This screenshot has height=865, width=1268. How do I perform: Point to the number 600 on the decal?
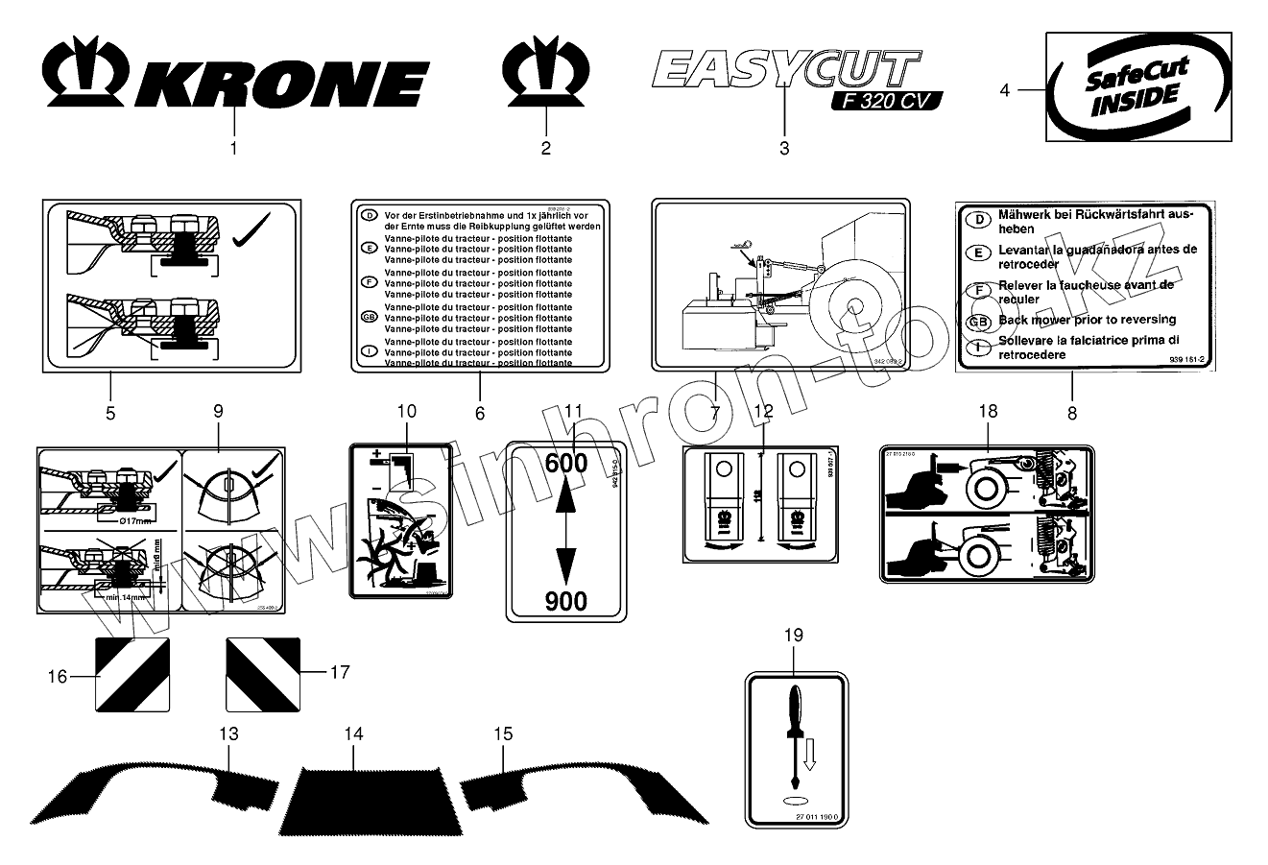point(565,462)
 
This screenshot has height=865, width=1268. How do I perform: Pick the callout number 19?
point(794,635)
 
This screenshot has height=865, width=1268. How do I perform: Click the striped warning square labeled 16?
point(133,674)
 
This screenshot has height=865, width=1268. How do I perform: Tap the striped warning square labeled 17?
point(263,674)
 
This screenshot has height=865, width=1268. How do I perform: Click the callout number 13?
point(228,733)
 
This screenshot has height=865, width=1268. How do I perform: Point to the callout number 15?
point(503,733)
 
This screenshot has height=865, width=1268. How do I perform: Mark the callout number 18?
point(988,411)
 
